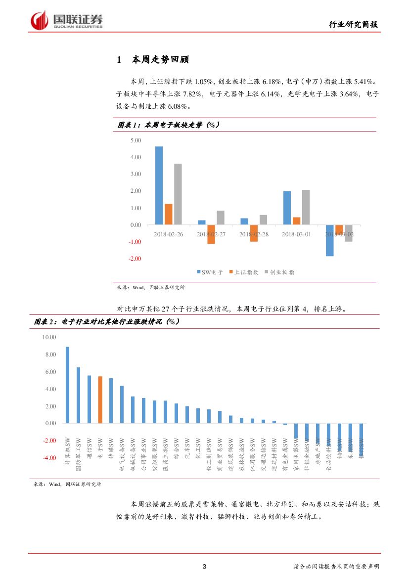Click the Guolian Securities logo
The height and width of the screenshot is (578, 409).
click(x=67, y=20)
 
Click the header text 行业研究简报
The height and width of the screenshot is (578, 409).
click(x=355, y=25)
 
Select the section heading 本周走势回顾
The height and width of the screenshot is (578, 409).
click(x=161, y=60)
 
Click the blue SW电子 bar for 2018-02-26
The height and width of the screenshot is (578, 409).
click(x=159, y=185)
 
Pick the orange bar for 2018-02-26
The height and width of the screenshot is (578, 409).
click(x=168, y=214)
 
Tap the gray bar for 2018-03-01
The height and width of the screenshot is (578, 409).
click(x=306, y=207)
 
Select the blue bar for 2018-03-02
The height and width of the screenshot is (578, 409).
click(x=329, y=240)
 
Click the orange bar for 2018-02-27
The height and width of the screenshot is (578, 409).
click(x=211, y=234)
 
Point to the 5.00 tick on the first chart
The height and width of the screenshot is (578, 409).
click(x=135, y=140)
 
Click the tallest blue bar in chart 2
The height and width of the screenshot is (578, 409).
click(x=67, y=385)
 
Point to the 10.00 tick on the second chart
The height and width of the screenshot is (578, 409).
click(x=49, y=337)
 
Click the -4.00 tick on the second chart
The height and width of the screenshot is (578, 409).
click(x=49, y=458)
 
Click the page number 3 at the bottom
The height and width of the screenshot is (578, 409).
click(x=204, y=567)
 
